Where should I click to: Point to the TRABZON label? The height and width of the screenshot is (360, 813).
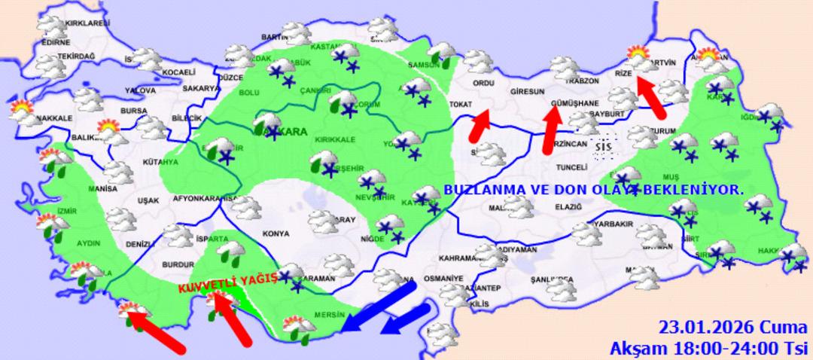pyautogui.click(x=583, y=81)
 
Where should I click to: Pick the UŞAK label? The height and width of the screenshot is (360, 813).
pyautogui.click(x=149, y=200)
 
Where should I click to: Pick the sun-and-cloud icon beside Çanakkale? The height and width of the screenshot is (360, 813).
pyautogui.click(x=23, y=111)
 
